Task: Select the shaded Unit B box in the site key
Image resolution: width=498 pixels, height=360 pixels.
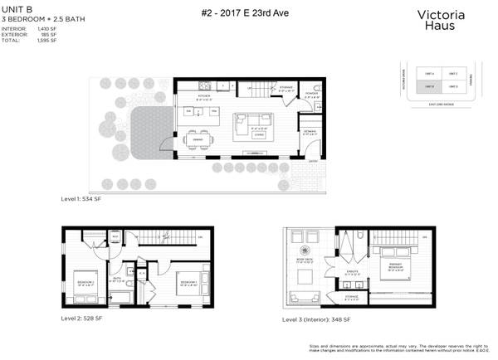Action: tap(430, 86)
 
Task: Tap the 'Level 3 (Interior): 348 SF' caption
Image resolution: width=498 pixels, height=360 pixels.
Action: tap(316, 319)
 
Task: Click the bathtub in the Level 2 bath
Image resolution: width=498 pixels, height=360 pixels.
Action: tap(121, 294)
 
